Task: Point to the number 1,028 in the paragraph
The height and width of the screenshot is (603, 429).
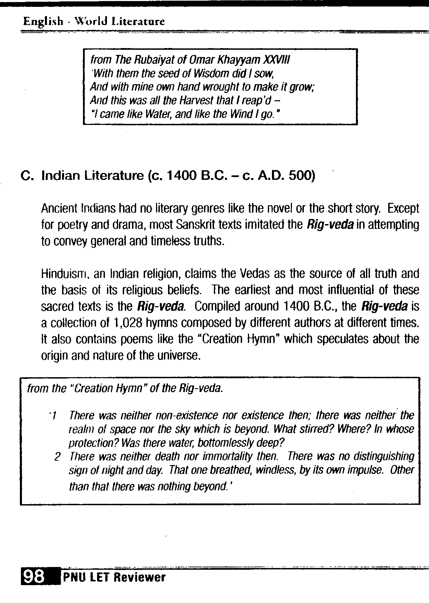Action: click(x=127, y=323)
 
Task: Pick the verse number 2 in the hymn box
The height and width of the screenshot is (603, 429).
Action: click(x=58, y=457)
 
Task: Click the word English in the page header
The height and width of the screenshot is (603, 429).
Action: click(x=43, y=22)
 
